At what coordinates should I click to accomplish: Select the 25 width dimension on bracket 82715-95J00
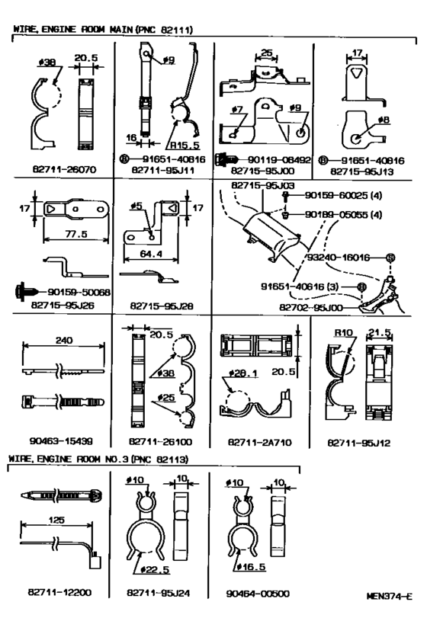(x=265, y=53)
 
